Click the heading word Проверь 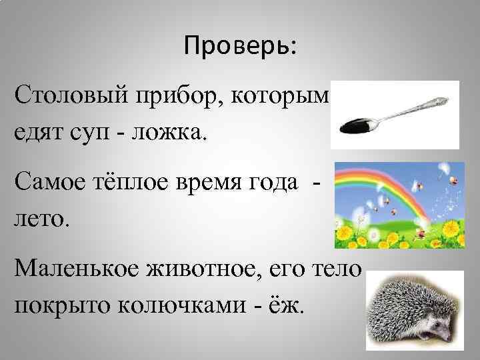(x=241, y=47)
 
